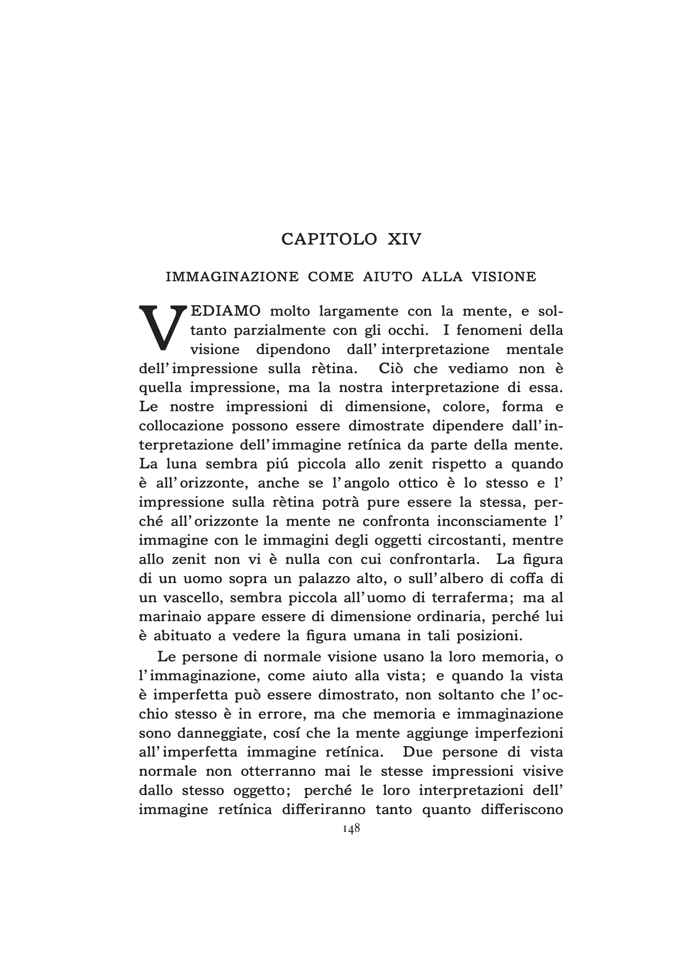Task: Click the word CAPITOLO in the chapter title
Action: coord(329,239)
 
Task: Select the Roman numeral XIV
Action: coord(404,239)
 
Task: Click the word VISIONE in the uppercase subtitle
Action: coord(504,277)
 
